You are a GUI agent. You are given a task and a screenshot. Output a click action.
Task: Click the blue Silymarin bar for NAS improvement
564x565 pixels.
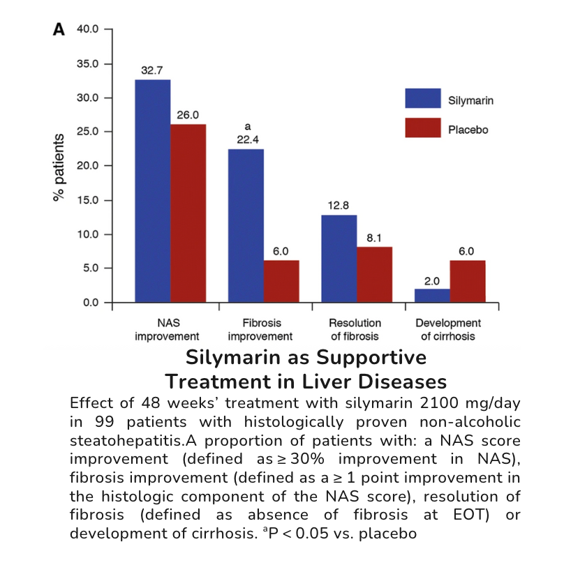153,192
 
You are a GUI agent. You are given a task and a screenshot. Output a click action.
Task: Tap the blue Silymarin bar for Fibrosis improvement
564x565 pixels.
246,227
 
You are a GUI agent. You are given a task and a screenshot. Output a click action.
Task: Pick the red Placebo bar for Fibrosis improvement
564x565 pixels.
281,282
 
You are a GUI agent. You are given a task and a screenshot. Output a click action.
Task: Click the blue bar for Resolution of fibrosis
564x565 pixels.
339,259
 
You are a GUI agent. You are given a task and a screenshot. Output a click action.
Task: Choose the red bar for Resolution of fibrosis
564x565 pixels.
374,275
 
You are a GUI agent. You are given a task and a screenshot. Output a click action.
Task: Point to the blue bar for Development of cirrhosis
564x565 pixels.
432,296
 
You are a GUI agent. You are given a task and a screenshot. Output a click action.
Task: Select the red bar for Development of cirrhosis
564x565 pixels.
468,282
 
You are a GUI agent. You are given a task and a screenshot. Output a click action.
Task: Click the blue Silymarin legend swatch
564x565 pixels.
423,98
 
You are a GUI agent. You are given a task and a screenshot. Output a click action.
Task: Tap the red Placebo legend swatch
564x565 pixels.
423,128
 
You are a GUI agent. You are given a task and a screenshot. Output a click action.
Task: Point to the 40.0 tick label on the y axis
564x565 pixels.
89,30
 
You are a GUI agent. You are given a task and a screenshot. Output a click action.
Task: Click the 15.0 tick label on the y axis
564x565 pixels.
89,200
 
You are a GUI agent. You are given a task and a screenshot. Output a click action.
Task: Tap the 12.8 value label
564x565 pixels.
339,206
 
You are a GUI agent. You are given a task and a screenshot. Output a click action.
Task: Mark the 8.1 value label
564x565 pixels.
374,239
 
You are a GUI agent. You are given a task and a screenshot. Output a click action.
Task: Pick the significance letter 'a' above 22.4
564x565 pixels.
246,128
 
